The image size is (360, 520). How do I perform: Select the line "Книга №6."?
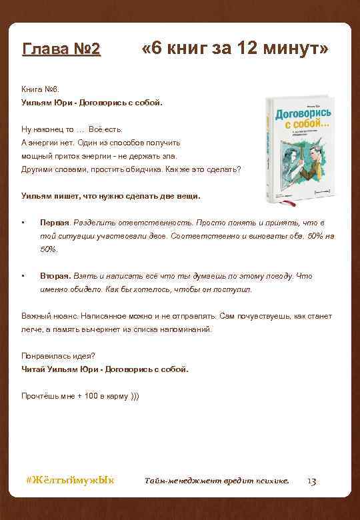[40, 89]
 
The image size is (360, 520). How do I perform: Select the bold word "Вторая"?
[55, 276]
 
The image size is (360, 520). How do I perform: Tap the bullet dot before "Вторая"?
[23, 276]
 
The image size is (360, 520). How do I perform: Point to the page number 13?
[311, 481]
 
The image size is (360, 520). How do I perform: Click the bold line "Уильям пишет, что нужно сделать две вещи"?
[111, 196]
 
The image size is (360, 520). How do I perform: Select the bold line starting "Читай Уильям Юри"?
[105, 369]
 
